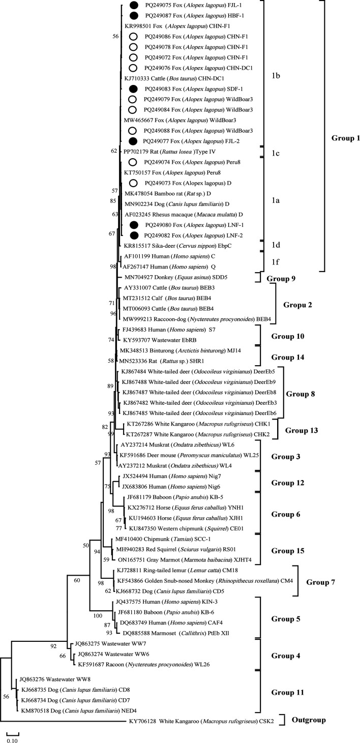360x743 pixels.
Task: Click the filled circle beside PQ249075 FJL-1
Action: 133,6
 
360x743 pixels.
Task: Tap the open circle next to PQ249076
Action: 133,68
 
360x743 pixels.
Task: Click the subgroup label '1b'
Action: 275,77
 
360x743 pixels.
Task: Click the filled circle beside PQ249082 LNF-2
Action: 133,235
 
